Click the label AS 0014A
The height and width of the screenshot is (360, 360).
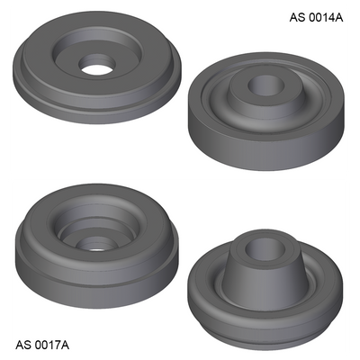(316, 17)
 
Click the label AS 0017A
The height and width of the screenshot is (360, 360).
(42, 345)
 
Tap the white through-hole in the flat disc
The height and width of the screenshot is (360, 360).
(96, 69)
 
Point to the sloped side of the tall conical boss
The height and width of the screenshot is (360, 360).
(264, 285)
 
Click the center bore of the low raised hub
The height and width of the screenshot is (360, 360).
(266, 85)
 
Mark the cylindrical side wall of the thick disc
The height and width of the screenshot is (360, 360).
(265, 147)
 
